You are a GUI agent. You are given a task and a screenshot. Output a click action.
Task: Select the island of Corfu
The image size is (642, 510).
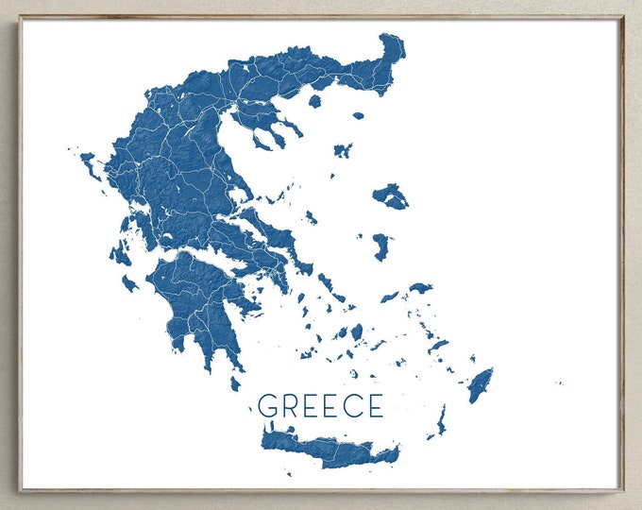point(90,162)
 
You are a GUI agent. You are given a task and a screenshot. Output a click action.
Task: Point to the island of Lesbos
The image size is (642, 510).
point(390,196)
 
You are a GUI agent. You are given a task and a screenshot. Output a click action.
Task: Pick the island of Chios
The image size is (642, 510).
point(380,246)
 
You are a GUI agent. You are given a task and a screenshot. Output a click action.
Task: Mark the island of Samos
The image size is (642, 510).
point(420,287)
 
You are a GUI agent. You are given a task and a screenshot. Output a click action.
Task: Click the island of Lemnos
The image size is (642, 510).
point(342,149)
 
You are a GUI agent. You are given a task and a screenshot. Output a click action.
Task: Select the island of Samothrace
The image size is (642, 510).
point(358,115)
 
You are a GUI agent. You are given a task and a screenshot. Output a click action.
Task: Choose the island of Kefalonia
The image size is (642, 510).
point(120,254)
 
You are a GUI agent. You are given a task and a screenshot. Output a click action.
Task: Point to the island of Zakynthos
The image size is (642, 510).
point(129,282)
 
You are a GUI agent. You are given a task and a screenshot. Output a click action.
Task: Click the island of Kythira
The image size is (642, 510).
point(235,383)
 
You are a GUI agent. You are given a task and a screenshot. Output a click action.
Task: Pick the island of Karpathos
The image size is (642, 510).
point(441,418)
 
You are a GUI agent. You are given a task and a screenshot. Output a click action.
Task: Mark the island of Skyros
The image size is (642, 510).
point(311,217)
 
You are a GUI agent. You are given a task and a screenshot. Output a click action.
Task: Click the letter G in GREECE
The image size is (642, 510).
point(267,406)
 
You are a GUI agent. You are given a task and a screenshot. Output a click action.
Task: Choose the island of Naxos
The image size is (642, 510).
point(356,331)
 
